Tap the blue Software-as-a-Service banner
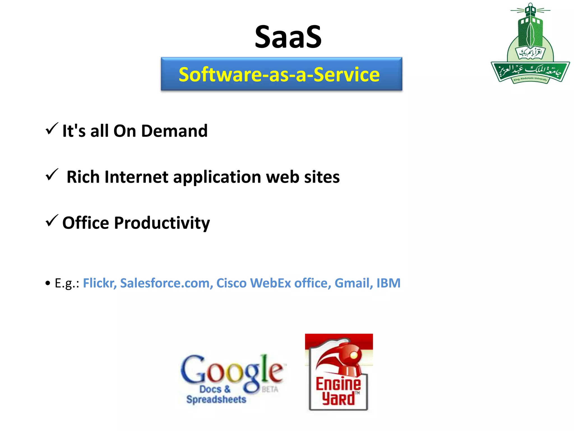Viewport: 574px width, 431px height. tap(281, 74)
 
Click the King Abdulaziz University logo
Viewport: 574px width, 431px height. tap(530, 45)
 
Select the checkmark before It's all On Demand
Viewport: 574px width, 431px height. tap(52, 129)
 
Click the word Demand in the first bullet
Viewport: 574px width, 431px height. tap(174, 131)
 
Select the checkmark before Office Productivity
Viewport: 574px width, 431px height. tap(52, 221)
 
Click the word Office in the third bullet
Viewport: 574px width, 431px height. tap(85, 223)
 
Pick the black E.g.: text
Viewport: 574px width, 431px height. tap(67, 283)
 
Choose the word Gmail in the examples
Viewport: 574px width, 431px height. tap(353, 283)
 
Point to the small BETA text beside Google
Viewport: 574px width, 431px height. tap(270, 389)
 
